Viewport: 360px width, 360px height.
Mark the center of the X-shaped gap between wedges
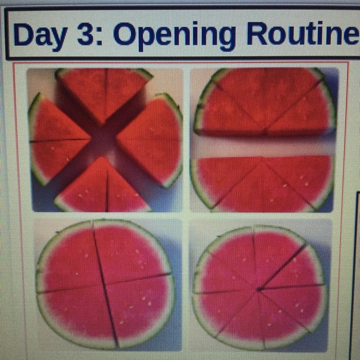[x=104, y=141]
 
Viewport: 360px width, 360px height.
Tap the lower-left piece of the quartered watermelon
[x=76, y=317]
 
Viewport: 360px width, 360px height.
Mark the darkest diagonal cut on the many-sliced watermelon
[x=283, y=267]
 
